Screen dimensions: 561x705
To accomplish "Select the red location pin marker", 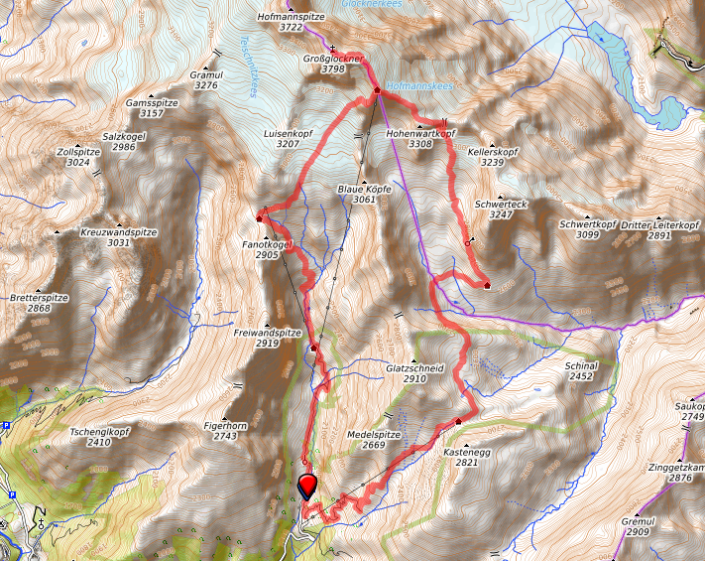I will tap(307, 486).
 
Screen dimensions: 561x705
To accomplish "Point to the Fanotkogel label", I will tap(266, 243).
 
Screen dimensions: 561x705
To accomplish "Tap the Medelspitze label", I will tap(373, 435).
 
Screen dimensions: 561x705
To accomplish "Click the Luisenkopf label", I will tap(288, 133).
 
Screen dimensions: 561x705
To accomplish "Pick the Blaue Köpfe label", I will tap(364, 189).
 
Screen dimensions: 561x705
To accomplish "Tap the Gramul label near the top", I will tap(206, 74).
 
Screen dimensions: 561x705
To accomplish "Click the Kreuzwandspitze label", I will tap(119, 231).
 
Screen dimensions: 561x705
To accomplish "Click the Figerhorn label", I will tap(225, 424).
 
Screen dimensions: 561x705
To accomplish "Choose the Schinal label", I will tap(580, 365).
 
